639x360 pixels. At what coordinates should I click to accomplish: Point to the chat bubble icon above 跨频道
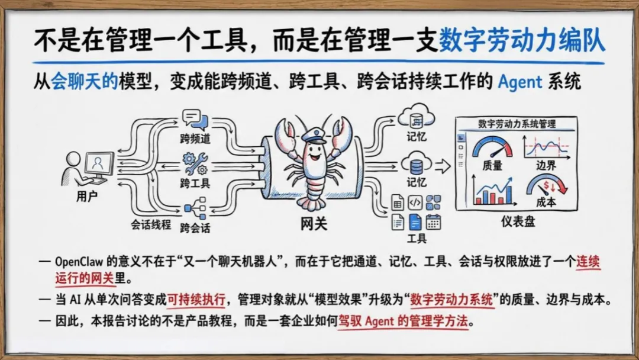click(x=195, y=120)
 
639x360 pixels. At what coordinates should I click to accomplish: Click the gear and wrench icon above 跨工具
click(x=195, y=163)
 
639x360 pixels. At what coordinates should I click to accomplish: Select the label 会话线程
click(x=151, y=224)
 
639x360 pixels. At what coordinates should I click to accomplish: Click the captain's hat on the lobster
click(x=314, y=134)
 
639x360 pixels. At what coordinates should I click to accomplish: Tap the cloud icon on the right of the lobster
click(x=416, y=116)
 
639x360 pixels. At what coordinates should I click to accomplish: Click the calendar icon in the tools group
click(x=434, y=221)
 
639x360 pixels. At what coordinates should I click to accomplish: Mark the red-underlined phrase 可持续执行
click(x=196, y=300)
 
